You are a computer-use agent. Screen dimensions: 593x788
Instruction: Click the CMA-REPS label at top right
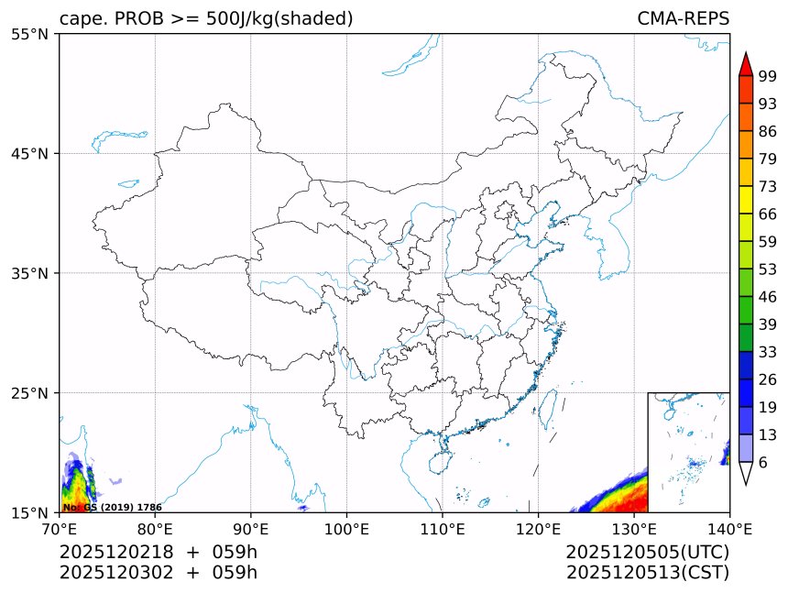point(683,18)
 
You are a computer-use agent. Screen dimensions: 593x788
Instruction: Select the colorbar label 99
point(768,76)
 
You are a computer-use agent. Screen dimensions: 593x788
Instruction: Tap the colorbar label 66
point(768,214)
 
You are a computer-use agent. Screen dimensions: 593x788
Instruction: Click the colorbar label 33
point(768,352)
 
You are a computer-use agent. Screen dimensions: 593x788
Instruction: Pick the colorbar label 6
point(763,463)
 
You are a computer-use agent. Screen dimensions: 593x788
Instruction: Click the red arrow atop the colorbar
point(745,63)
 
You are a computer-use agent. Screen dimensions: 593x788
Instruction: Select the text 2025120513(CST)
point(647,573)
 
